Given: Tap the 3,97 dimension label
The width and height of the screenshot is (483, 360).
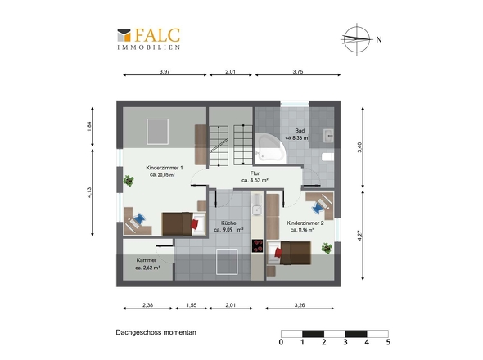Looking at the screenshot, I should [165, 72].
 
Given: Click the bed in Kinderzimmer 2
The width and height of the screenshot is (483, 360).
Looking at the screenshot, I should [296, 254].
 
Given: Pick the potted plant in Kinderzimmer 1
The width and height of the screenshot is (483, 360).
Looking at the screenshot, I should [129, 180].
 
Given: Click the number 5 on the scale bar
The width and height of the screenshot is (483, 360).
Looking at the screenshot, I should [388, 342].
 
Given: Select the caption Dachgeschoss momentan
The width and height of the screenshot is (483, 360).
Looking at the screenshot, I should [156, 333].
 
